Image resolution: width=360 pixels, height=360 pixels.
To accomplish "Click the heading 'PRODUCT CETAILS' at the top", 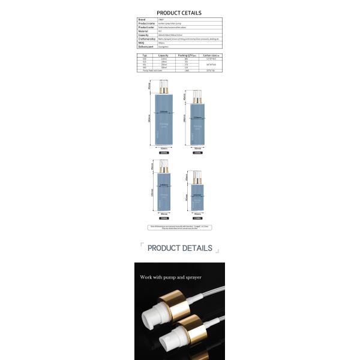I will pos(179,13).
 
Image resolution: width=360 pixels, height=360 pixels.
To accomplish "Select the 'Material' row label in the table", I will pos(144,31).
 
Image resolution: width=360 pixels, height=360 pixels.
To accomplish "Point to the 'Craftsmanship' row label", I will pos(147,38).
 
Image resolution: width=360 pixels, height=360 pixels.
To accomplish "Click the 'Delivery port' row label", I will pos(146,46).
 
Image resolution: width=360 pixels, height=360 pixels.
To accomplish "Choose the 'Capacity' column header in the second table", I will pos(163,55).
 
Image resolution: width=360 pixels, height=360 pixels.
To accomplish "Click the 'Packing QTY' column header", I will pos(187,55).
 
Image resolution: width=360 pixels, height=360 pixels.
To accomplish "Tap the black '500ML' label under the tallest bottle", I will pos(163,153).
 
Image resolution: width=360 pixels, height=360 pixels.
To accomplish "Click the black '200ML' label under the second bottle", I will pos(197,153).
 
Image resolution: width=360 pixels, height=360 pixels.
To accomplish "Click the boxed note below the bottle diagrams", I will pos(179,227).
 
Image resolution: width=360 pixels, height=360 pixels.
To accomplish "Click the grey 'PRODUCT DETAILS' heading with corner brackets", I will pos(179,248).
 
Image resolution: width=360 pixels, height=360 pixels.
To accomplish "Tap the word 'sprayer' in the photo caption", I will pos(190,277).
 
